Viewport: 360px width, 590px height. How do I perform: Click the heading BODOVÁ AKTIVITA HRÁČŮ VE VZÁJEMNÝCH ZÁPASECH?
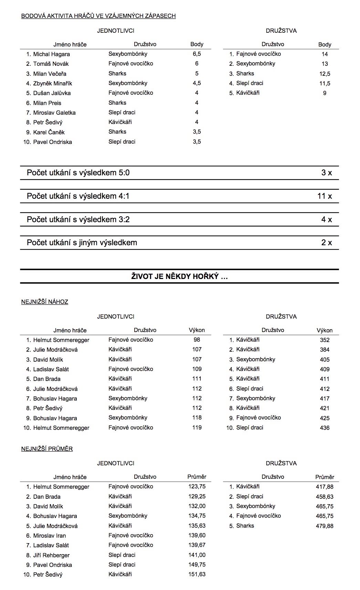point(98,16)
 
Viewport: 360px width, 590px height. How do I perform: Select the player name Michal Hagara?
point(51,54)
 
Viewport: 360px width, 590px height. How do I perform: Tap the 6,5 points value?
point(197,54)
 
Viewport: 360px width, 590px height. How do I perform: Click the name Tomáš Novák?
point(51,64)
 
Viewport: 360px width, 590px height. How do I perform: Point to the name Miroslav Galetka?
point(54,113)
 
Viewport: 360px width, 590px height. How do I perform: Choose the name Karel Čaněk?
point(49,132)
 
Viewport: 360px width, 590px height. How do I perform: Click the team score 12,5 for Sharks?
point(325,74)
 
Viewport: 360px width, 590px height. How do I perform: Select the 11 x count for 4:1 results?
point(325,196)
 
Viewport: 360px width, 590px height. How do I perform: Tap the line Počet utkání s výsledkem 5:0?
point(78,173)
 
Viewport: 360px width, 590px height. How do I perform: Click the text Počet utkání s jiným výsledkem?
point(82,243)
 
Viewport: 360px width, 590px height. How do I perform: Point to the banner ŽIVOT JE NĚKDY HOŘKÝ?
point(179,277)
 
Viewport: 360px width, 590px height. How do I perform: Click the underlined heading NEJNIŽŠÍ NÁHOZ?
point(45,302)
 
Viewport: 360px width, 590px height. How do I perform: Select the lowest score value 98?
point(197,340)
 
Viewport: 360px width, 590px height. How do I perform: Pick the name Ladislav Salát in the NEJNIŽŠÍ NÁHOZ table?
point(51,369)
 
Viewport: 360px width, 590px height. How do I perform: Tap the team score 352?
point(325,340)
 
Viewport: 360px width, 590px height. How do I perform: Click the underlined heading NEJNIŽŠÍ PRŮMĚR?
point(47,449)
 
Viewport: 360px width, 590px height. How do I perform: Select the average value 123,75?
point(197,487)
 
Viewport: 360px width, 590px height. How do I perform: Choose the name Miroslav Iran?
point(50,536)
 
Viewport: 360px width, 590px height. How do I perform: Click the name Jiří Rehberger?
point(51,555)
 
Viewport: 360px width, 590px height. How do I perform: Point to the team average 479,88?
point(325,526)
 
